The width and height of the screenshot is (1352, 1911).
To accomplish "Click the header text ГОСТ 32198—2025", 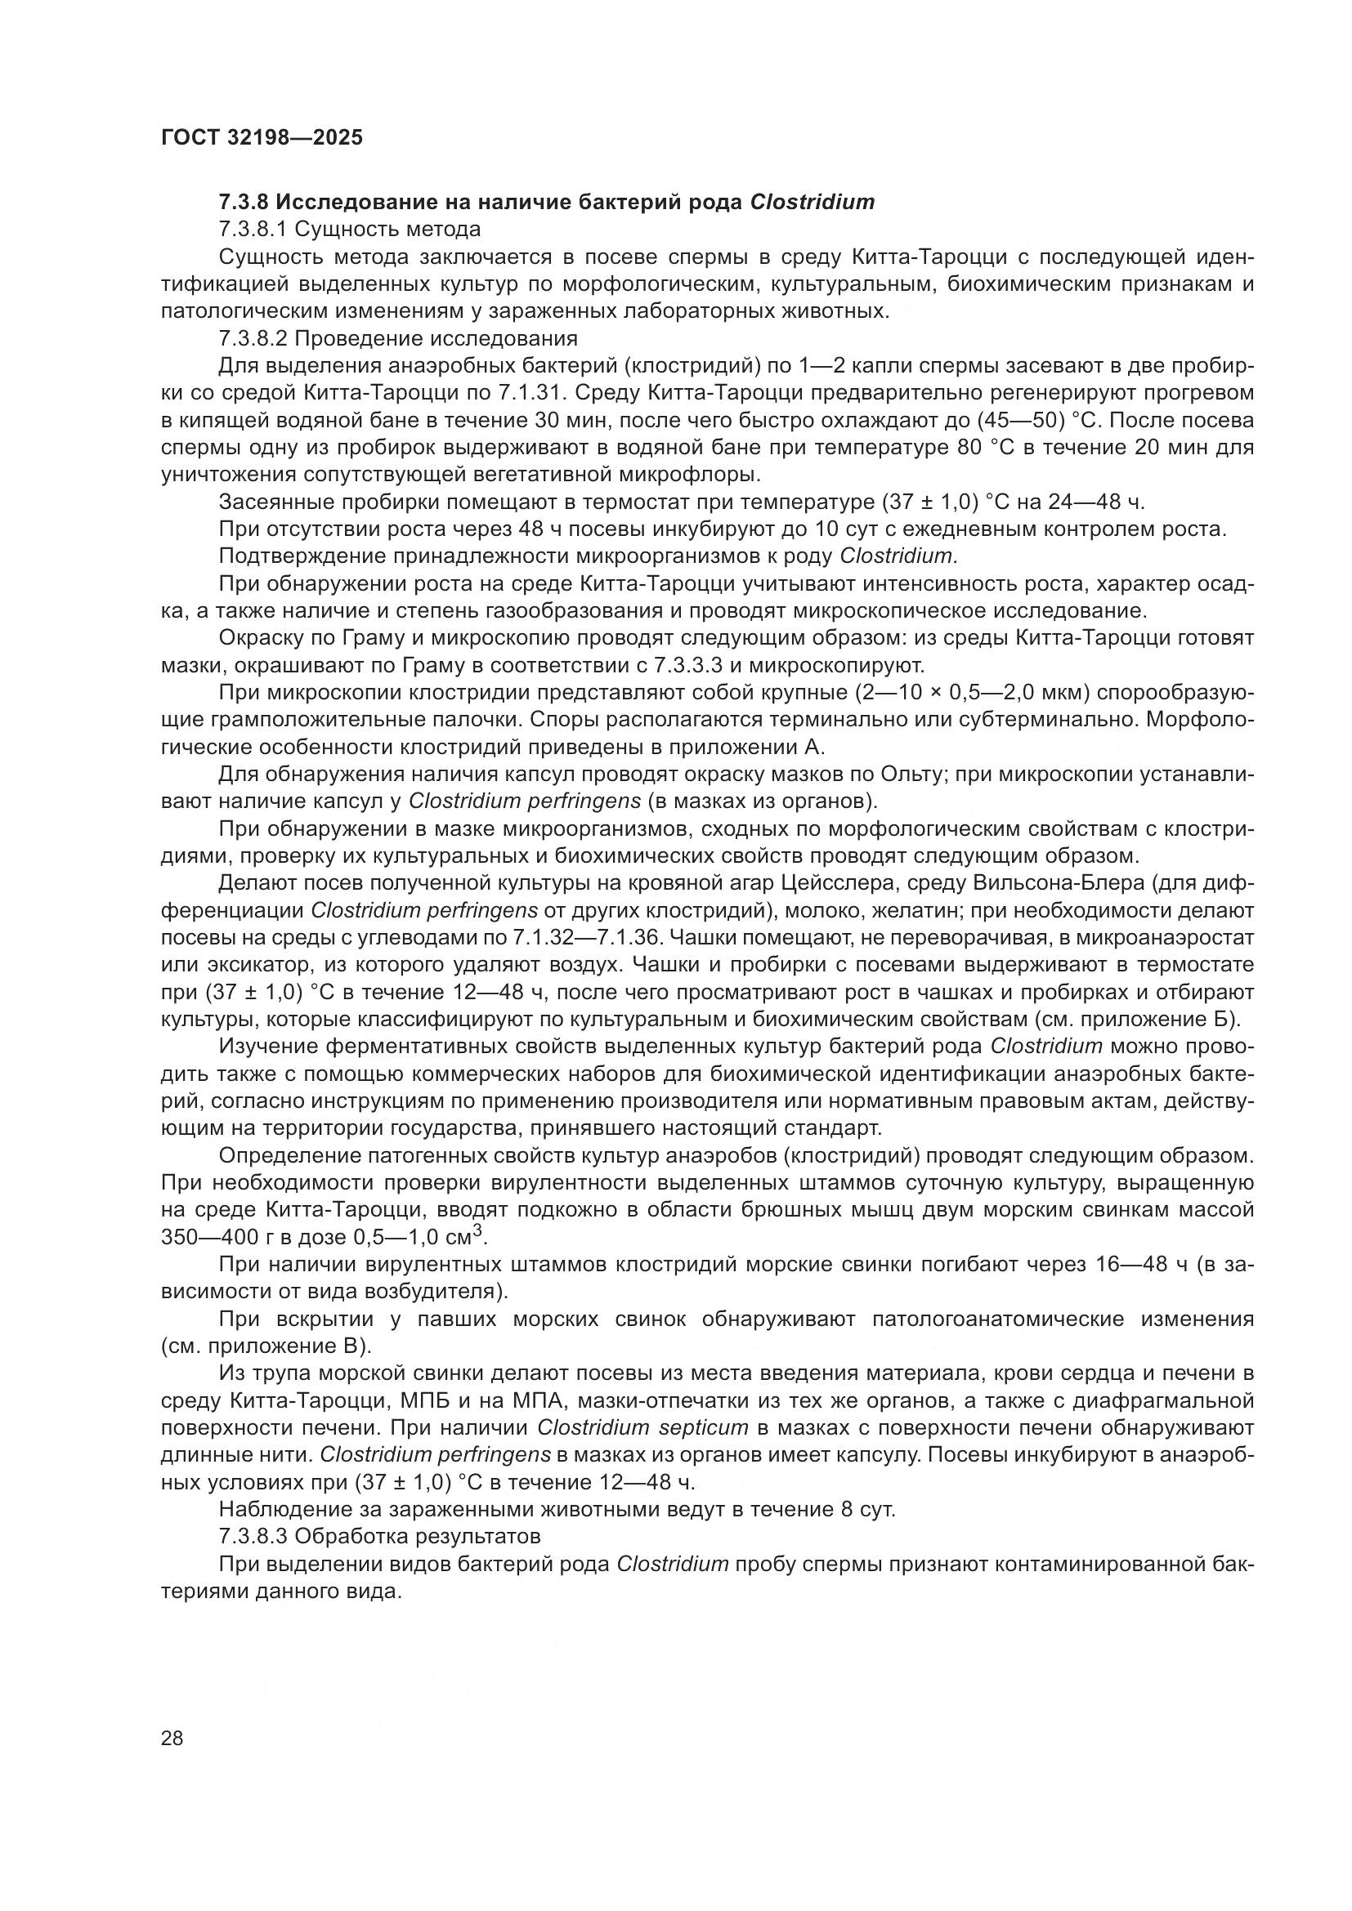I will [x=262, y=138].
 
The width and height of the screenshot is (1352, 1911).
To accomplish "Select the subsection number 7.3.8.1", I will [x=253, y=230].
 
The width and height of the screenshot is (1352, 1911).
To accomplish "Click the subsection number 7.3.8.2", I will [x=253, y=339].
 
